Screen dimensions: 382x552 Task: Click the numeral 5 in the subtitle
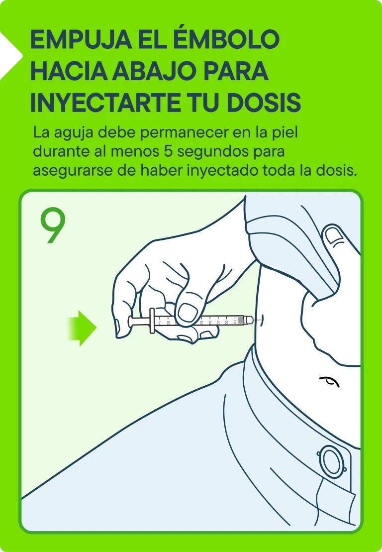pyautogui.click(x=168, y=151)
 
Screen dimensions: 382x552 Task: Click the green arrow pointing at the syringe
pyautogui.click(x=82, y=328)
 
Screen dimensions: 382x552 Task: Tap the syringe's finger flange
pyautogui.click(x=152, y=321)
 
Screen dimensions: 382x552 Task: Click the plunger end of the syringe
pyautogui.click(x=130, y=322)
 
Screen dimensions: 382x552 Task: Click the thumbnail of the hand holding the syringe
pyautogui.click(x=188, y=312)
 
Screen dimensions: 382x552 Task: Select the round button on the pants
pyautogui.click(x=331, y=461)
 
